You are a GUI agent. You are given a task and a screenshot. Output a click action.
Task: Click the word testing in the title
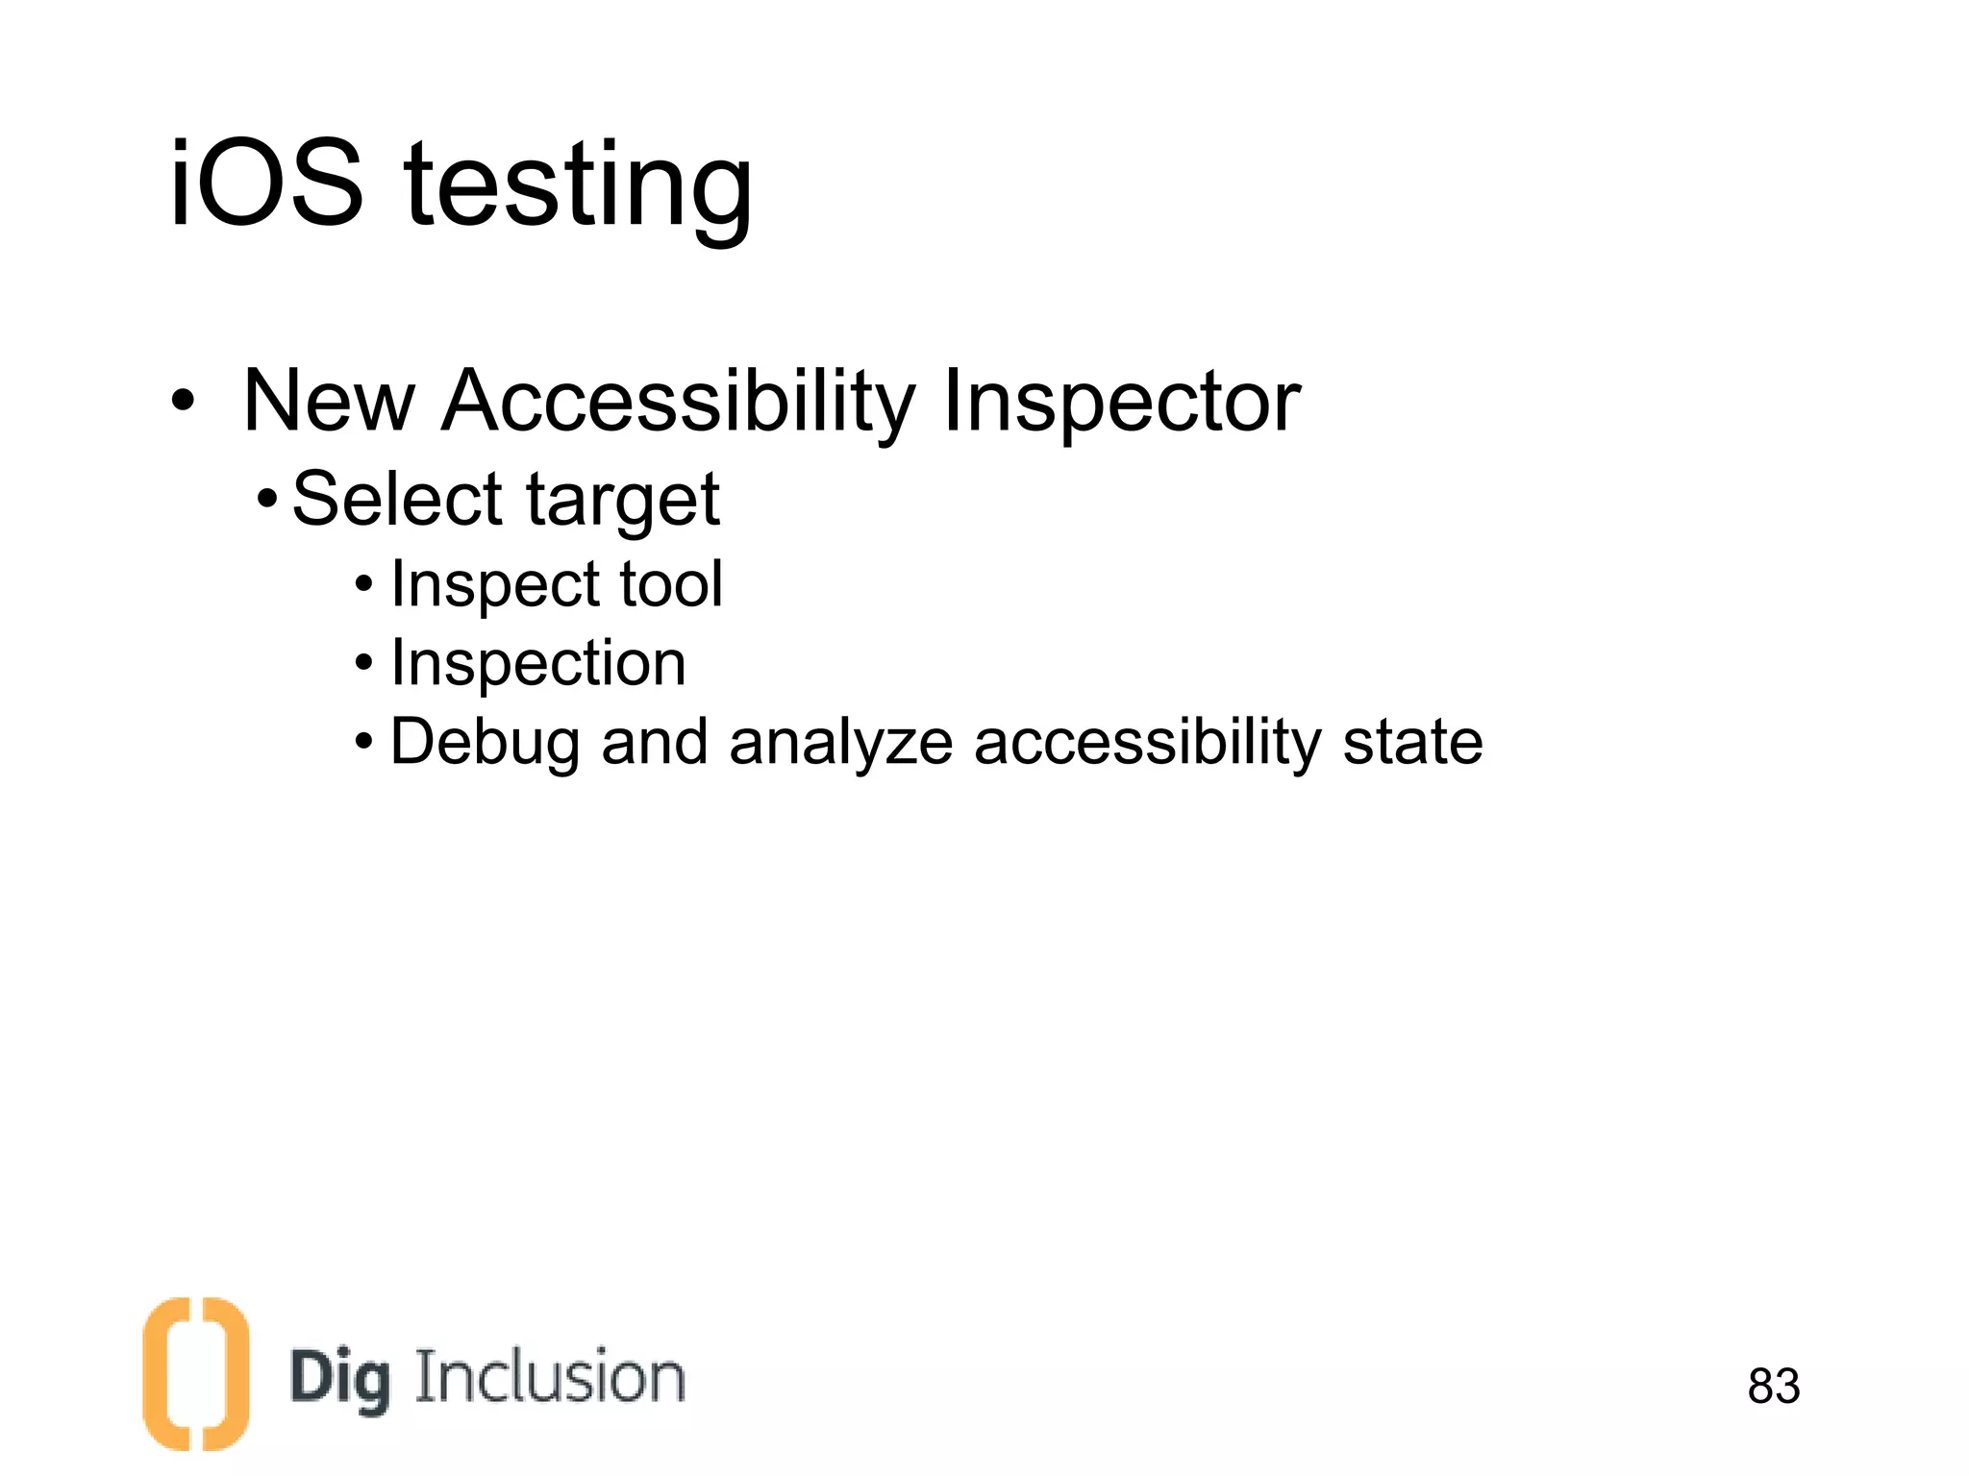[579, 188]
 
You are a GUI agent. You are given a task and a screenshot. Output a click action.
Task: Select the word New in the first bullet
[329, 401]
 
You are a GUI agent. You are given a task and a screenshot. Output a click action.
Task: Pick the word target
[623, 503]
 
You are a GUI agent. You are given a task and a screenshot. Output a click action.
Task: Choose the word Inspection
[538, 663]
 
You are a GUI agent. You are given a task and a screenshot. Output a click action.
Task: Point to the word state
[1412, 742]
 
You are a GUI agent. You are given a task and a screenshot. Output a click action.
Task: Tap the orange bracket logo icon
[195, 1373]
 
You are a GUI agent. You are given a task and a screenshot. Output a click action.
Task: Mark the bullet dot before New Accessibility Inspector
[183, 402]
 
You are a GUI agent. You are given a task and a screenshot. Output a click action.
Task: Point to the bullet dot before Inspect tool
[363, 583]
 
